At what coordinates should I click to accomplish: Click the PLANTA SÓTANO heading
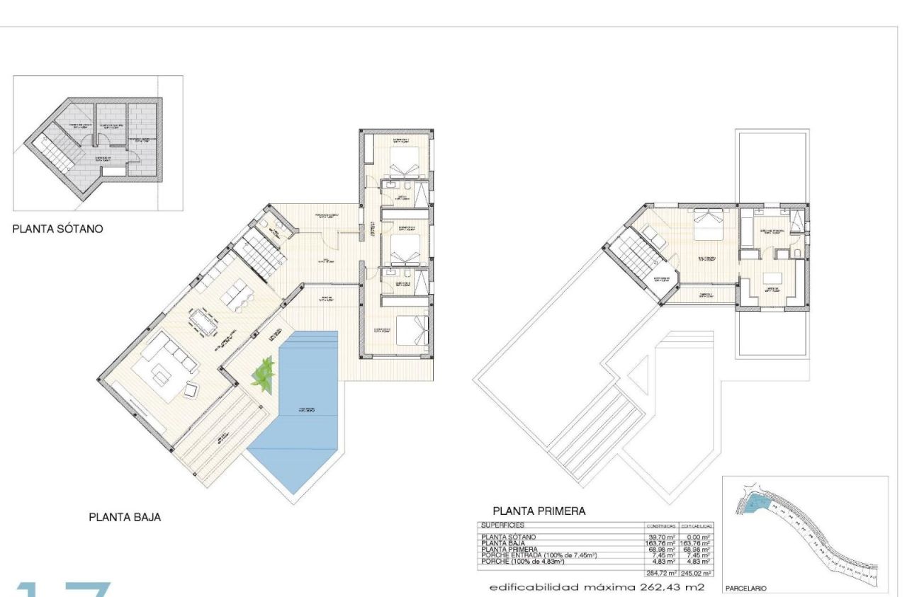pos(58,229)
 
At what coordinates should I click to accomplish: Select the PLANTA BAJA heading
pos(124,517)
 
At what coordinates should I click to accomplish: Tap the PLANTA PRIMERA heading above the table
pos(539,511)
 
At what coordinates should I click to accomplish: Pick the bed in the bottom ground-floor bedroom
pos(413,330)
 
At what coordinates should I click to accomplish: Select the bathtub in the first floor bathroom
pos(748,231)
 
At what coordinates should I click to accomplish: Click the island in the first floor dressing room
pos(773,277)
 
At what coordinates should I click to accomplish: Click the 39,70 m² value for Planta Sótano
pos(662,538)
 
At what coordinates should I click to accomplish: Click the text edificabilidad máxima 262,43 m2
pos(596,587)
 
